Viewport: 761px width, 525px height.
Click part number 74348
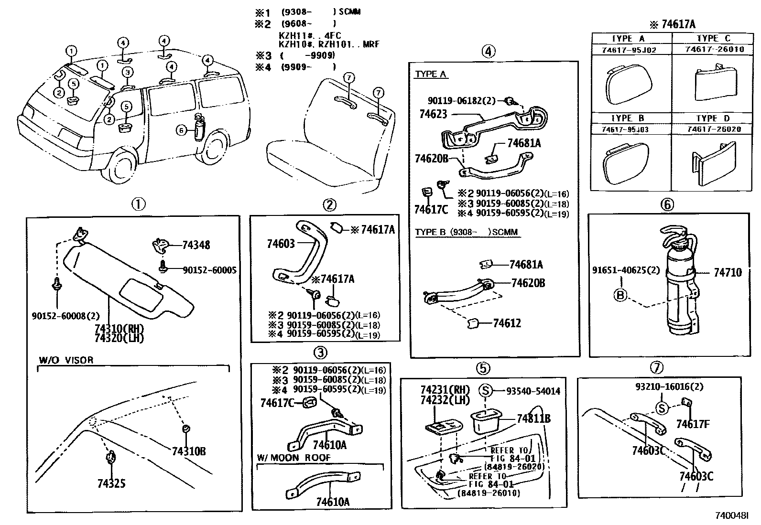coord(196,245)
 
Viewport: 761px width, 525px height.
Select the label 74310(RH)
coord(119,329)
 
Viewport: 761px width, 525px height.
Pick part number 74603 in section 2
coord(281,244)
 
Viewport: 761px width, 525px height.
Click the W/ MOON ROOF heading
coord(294,458)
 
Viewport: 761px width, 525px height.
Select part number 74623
coord(433,114)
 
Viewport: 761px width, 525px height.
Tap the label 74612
coord(507,323)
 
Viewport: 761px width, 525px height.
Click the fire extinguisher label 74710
coord(728,272)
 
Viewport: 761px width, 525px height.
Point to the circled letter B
coord(620,295)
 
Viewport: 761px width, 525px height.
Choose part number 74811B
coord(533,418)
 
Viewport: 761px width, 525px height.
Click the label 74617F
coord(693,423)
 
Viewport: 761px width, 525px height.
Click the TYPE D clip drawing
coord(713,163)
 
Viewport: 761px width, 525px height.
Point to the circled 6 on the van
coord(181,129)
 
